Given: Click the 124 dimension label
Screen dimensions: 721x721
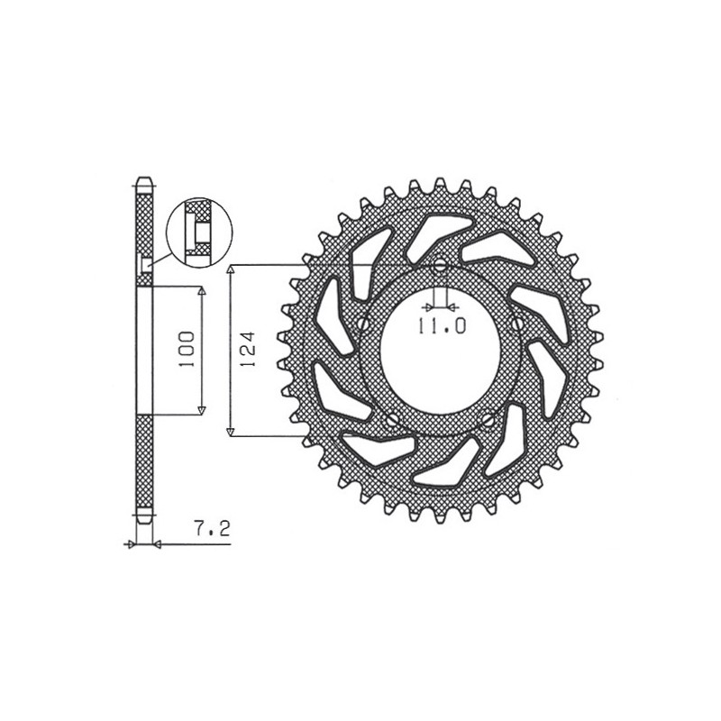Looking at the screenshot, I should pos(250,350).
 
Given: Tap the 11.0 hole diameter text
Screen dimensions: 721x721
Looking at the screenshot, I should pos(441,327).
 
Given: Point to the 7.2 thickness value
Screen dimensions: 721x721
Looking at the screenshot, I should pos(208,531).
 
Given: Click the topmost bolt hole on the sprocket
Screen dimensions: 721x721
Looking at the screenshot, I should pos(440,267).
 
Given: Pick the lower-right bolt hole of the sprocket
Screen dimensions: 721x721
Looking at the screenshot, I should pos(488,419).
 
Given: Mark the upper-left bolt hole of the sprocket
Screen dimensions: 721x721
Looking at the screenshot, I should pos(363,323).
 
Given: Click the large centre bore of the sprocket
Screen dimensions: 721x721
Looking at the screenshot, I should pos(440,350).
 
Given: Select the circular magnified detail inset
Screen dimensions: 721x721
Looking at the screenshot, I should pos(198,232).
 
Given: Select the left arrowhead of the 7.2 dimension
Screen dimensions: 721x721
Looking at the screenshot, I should pos(132,543).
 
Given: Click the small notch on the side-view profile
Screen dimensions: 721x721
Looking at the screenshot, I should pos(146,263).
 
